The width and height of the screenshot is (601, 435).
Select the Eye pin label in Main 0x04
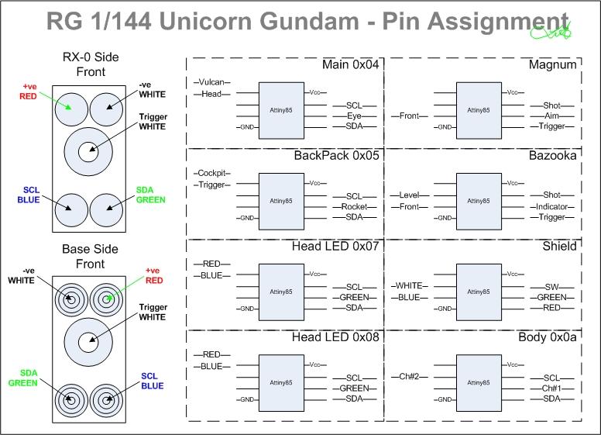coord(355,115)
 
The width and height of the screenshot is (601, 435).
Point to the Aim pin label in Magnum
coord(553,115)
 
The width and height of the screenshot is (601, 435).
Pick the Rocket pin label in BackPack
coord(355,206)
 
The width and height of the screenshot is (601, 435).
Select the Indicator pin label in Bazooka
coord(553,206)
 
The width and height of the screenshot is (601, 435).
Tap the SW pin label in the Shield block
coord(553,286)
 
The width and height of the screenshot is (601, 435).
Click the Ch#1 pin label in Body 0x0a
coord(553,388)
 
